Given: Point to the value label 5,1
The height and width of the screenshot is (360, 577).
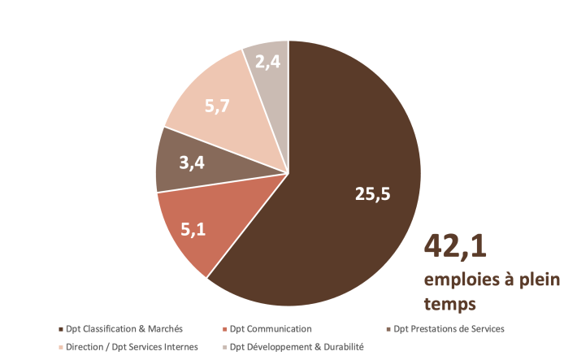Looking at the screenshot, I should click(x=193, y=230).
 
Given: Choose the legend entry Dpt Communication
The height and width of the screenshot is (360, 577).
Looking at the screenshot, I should click(x=271, y=329).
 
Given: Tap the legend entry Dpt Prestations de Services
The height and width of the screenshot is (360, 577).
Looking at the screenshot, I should click(x=449, y=329).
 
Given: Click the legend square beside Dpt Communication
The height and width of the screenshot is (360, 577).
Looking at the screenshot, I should click(x=224, y=329).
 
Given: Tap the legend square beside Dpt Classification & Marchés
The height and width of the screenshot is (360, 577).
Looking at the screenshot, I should click(x=62, y=329).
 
